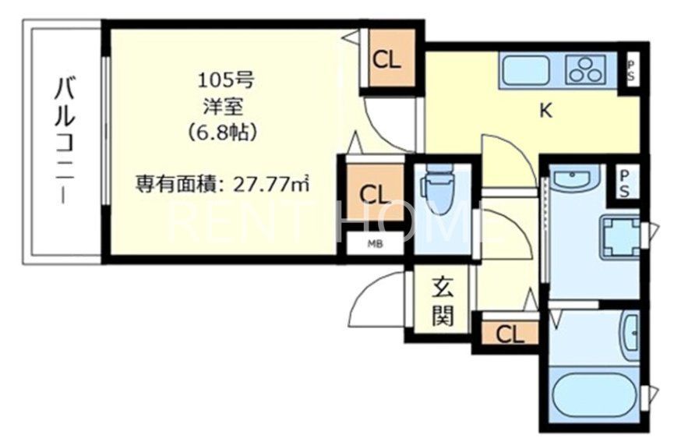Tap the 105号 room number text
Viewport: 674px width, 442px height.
(225, 79)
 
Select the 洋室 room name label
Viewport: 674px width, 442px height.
(225, 105)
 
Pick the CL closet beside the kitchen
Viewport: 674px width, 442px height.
(386, 60)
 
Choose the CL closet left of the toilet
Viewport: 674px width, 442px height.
(372, 192)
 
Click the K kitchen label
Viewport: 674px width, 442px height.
(545, 111)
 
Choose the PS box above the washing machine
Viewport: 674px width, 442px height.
(625, 183)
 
